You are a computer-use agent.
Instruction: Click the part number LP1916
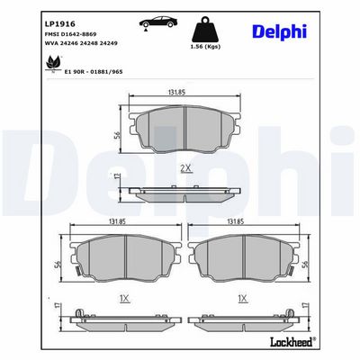56,24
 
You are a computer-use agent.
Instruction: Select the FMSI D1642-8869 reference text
70,34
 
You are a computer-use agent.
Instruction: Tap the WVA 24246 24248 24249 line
81,43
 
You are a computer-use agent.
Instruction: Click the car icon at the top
158,23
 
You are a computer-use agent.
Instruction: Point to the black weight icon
206,29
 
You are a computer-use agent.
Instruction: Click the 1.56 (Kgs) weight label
206,47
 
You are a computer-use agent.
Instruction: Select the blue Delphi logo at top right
280,31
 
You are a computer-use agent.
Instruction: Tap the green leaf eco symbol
53,63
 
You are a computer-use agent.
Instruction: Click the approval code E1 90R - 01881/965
94,72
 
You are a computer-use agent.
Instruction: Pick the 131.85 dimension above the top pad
176,93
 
